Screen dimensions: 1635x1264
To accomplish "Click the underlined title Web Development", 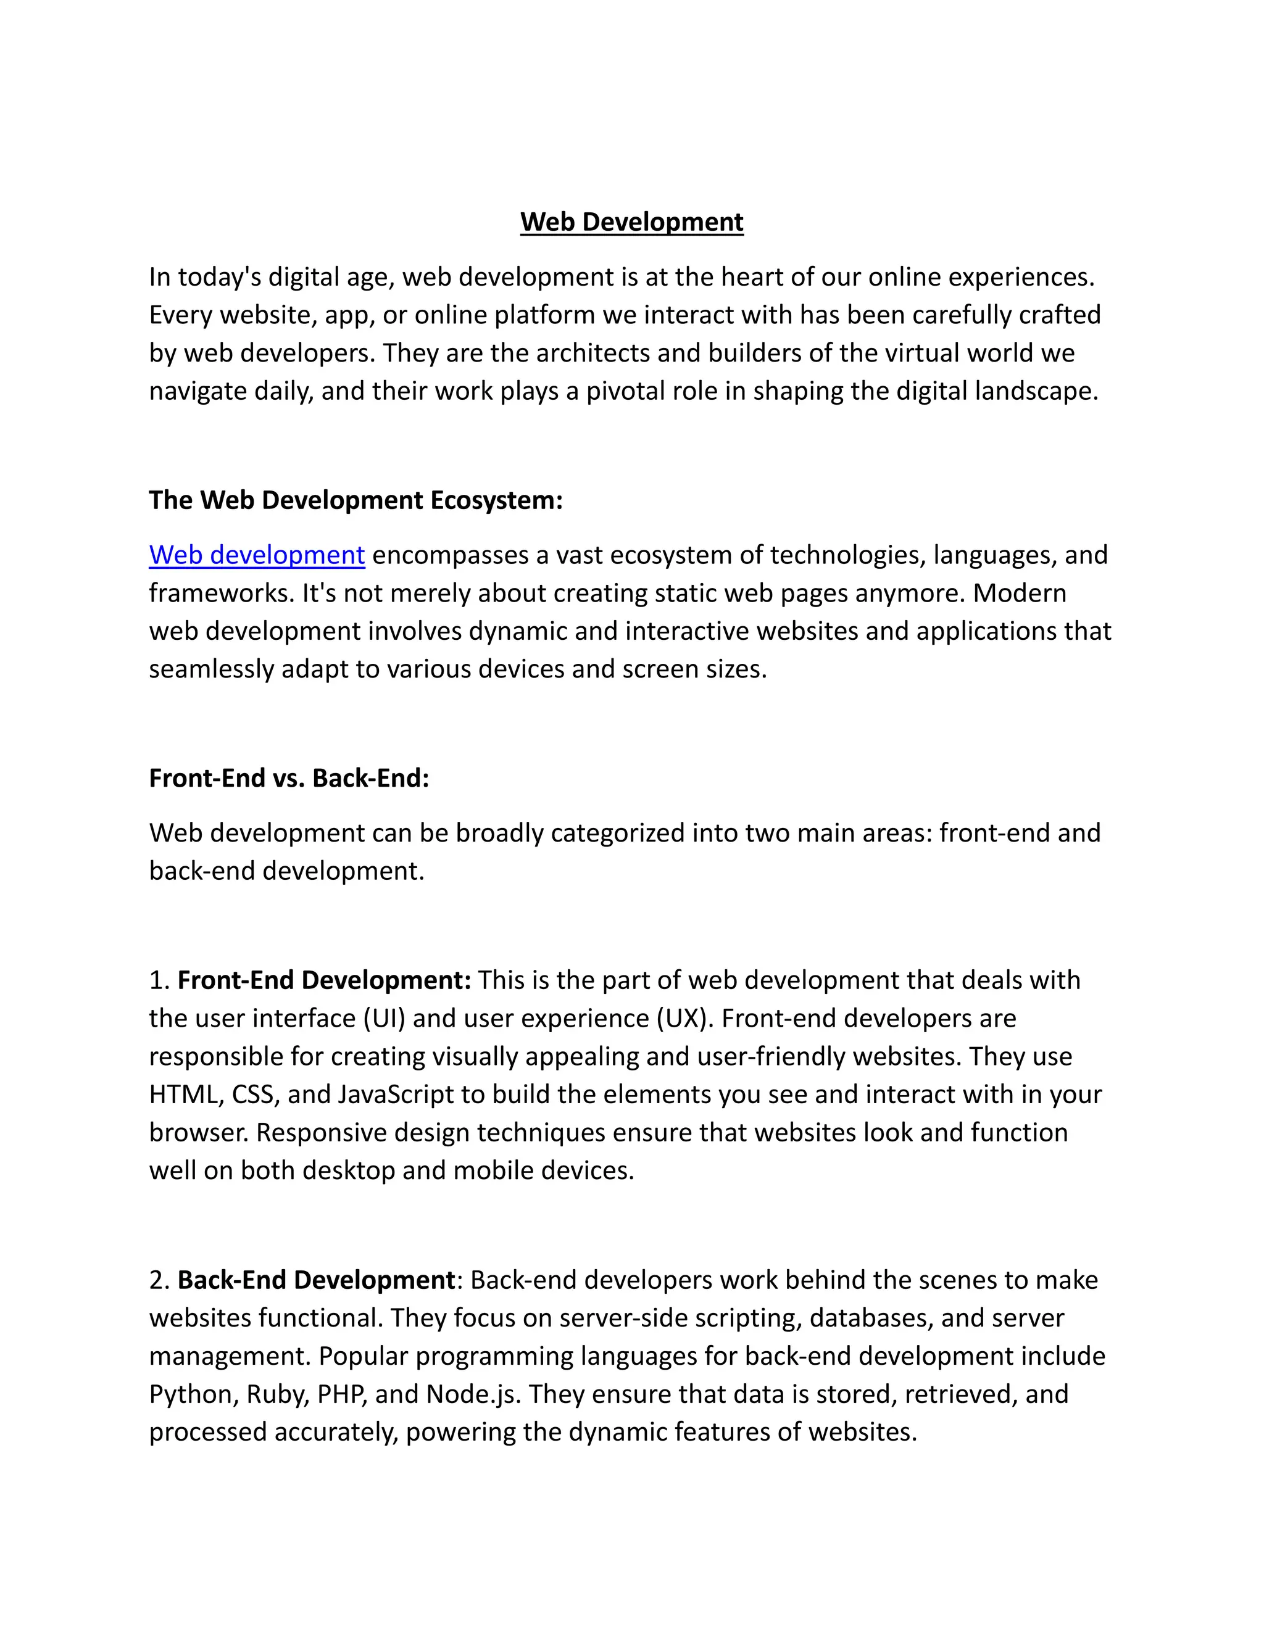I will (x=631, y=222).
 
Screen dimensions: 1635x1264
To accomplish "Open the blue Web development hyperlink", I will (x=257, y=555).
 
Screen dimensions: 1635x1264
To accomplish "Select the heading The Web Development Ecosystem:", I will (x=355, y=500).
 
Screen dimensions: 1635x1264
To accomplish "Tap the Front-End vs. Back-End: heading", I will (x=289, y=779).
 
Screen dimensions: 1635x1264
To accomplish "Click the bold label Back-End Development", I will (x=316, y=1280).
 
